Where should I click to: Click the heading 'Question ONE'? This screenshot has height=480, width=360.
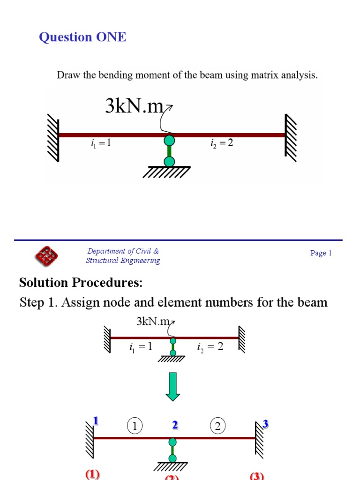[x=82, y=37]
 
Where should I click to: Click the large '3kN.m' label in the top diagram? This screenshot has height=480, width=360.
[x=134, y=107]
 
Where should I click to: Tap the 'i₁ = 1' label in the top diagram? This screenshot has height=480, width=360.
[x=101, y=143]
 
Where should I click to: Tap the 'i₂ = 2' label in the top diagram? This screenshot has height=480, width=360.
[x=222, y=143]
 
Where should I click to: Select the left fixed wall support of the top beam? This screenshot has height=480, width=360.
[x=52, y=139]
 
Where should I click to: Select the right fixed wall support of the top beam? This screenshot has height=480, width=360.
[x=291, y=136]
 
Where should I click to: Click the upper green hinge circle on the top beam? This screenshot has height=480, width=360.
[x=169, y=140]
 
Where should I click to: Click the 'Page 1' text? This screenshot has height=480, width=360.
[x=321, y=253]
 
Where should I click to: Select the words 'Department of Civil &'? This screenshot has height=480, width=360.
[x=123, y=251]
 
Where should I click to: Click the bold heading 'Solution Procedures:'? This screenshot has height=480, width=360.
[x=80, y=283]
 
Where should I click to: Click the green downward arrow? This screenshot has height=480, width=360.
[x=173, y=386]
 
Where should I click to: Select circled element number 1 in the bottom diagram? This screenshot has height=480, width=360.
[x=135, y=426]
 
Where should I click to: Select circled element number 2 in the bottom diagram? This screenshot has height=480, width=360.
[x=218, y=426]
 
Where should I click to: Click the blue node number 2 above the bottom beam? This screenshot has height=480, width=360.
[x=175, y=425]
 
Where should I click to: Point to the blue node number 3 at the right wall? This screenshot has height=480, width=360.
[x=265, y=424]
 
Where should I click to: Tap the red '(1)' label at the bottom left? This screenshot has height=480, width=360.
[x=92, y=474]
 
